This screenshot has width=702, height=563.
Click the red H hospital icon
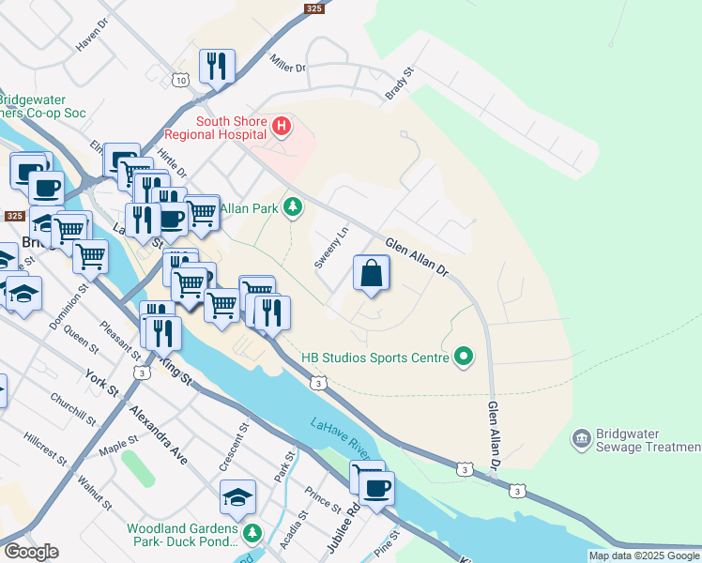pyautogui.click(x=281, y=126)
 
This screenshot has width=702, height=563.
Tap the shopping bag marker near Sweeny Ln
pyautogui.click(x=372, y=274)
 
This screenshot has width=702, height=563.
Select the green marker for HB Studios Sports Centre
pyautogui.click(x=462, y=357)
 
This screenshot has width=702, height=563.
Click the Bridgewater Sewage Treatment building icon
pyautogui.click(x=580, y=439)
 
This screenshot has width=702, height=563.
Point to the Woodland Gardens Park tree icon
pyautogui.click(x=252, y=534)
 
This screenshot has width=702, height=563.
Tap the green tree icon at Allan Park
pyautogui.click(x=294, y=205)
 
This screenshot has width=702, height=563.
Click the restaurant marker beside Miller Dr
pyautogui.click(x=217, y=67)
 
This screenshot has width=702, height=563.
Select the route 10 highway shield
pyautogui.click(x=179, y=82)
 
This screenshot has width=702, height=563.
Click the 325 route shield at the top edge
pyautogui.click(x=314, y=8)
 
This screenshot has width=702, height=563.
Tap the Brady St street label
pyautogui.click(x=399, y=84)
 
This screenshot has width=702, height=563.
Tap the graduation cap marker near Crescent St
pyautogui.click(x=238, y=496)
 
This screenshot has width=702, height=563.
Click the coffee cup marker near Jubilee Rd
pyautogui.click(x=377, y=489)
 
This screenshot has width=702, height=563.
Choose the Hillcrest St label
pyautogui.click(x=45, y=449)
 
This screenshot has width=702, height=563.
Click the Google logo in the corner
pyautogui.click(x=31, y=552)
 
